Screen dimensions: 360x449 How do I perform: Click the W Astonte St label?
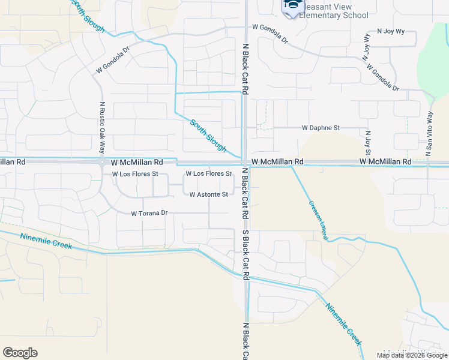point(208,194)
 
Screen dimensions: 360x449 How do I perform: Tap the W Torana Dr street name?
point(149,213)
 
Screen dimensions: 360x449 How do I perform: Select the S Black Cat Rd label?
point(246,254)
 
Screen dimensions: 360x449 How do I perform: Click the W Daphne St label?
point(321,128)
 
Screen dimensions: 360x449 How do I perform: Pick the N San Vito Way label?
point(429,133)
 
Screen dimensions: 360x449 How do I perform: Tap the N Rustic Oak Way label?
point(102,128)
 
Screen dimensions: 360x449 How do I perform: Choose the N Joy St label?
point(367,143)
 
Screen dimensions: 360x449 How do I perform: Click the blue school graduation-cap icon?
point(292,7)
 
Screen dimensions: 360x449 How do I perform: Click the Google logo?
point(20,353)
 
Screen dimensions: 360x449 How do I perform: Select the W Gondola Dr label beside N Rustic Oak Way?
point(112,61)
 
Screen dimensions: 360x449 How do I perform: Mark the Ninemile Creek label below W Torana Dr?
point(46,241)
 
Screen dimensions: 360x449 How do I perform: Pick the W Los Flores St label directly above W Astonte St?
point(208,173)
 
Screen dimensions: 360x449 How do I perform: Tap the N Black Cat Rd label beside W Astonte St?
point(246,193)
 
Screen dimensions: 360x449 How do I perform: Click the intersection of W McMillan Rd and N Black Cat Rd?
point(246,163)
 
